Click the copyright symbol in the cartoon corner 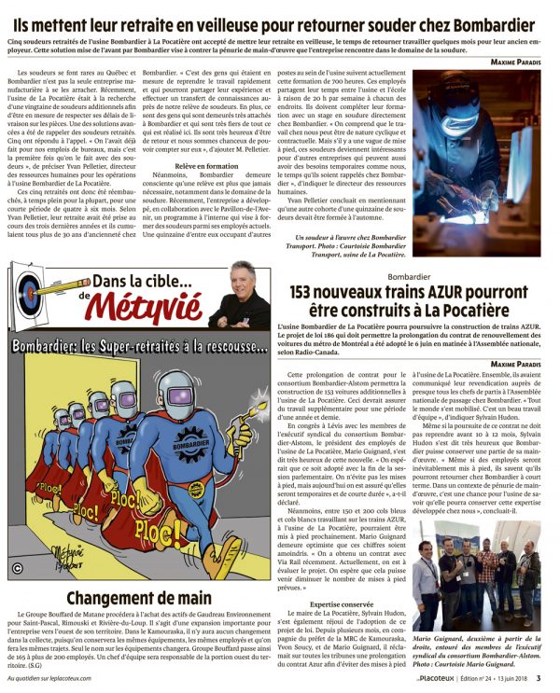(17, 567)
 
